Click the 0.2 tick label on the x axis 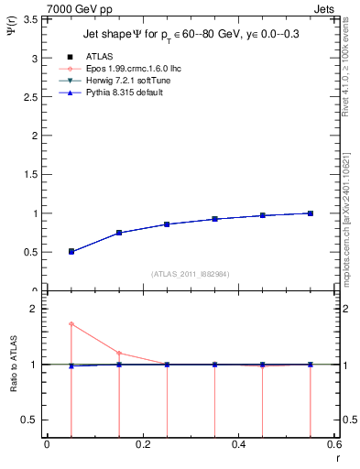point(142,444)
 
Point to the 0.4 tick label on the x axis point(238,444)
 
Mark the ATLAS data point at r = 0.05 point(71,251)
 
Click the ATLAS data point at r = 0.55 point(311,213)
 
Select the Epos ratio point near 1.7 point(71,324)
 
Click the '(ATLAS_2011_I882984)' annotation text point(190,274)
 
